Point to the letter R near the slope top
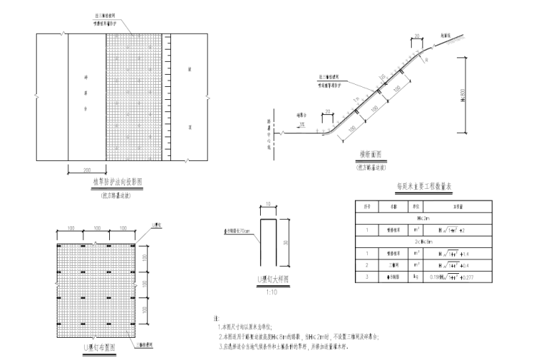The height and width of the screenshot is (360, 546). click(426, 60)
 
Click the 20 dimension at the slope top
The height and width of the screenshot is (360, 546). click(416, 34)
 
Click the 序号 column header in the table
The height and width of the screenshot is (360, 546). click(366, 206)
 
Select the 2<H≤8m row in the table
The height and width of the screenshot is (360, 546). click(423, 242)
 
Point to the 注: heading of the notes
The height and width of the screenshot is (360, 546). click(216, 316)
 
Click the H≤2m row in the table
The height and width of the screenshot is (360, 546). click(423, 218)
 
